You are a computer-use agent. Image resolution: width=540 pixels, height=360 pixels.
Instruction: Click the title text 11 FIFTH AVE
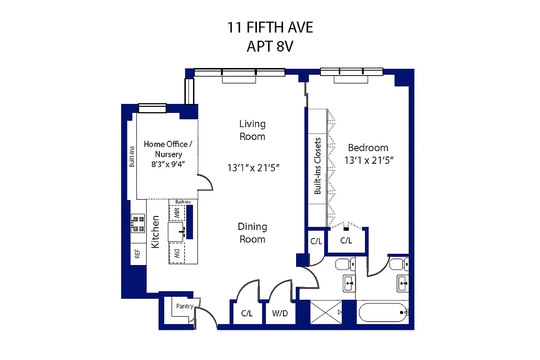[270, 28]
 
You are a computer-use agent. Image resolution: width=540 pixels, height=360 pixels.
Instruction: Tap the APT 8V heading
[270, 46]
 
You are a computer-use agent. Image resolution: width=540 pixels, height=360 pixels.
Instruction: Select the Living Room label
[252, 130]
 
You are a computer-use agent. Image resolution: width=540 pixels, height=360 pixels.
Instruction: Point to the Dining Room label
[252, 233]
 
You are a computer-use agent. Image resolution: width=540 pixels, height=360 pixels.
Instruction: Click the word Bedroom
[368, 148]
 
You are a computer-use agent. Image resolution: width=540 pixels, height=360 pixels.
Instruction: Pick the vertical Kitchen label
[155, 232]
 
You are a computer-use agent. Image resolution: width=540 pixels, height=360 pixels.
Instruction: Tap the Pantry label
[184, 306]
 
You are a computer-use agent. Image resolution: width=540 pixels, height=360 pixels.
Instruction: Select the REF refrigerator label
[137, 254]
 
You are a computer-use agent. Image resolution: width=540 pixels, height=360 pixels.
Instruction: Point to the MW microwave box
[177, 212]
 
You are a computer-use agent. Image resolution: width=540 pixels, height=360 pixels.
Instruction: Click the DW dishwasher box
[177, 253]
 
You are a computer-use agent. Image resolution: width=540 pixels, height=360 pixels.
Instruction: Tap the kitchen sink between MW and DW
[177, 232]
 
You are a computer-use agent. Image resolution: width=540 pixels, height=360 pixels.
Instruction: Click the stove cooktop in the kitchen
[138, 223]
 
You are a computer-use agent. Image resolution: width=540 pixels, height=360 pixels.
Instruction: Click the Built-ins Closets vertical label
[318, 166]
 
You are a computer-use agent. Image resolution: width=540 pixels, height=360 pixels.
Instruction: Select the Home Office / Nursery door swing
[206, 183]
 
